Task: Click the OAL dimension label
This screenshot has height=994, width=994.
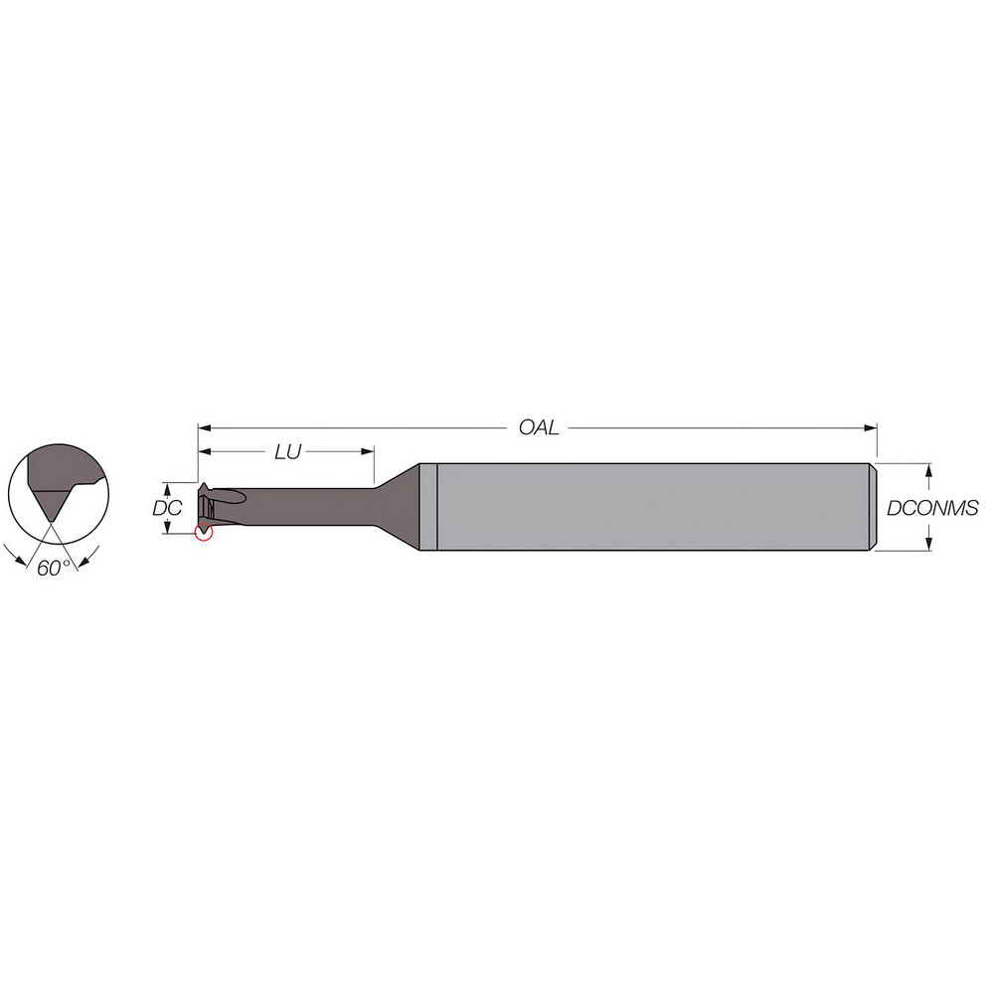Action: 539,427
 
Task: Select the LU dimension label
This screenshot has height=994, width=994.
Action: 287,451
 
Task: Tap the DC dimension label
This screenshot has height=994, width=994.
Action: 166,508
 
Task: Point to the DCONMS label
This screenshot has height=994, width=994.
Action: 932,508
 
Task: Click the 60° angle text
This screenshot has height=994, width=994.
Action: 53,568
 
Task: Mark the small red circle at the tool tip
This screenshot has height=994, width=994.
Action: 203,532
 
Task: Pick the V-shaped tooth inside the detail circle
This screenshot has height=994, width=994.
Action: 47,503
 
